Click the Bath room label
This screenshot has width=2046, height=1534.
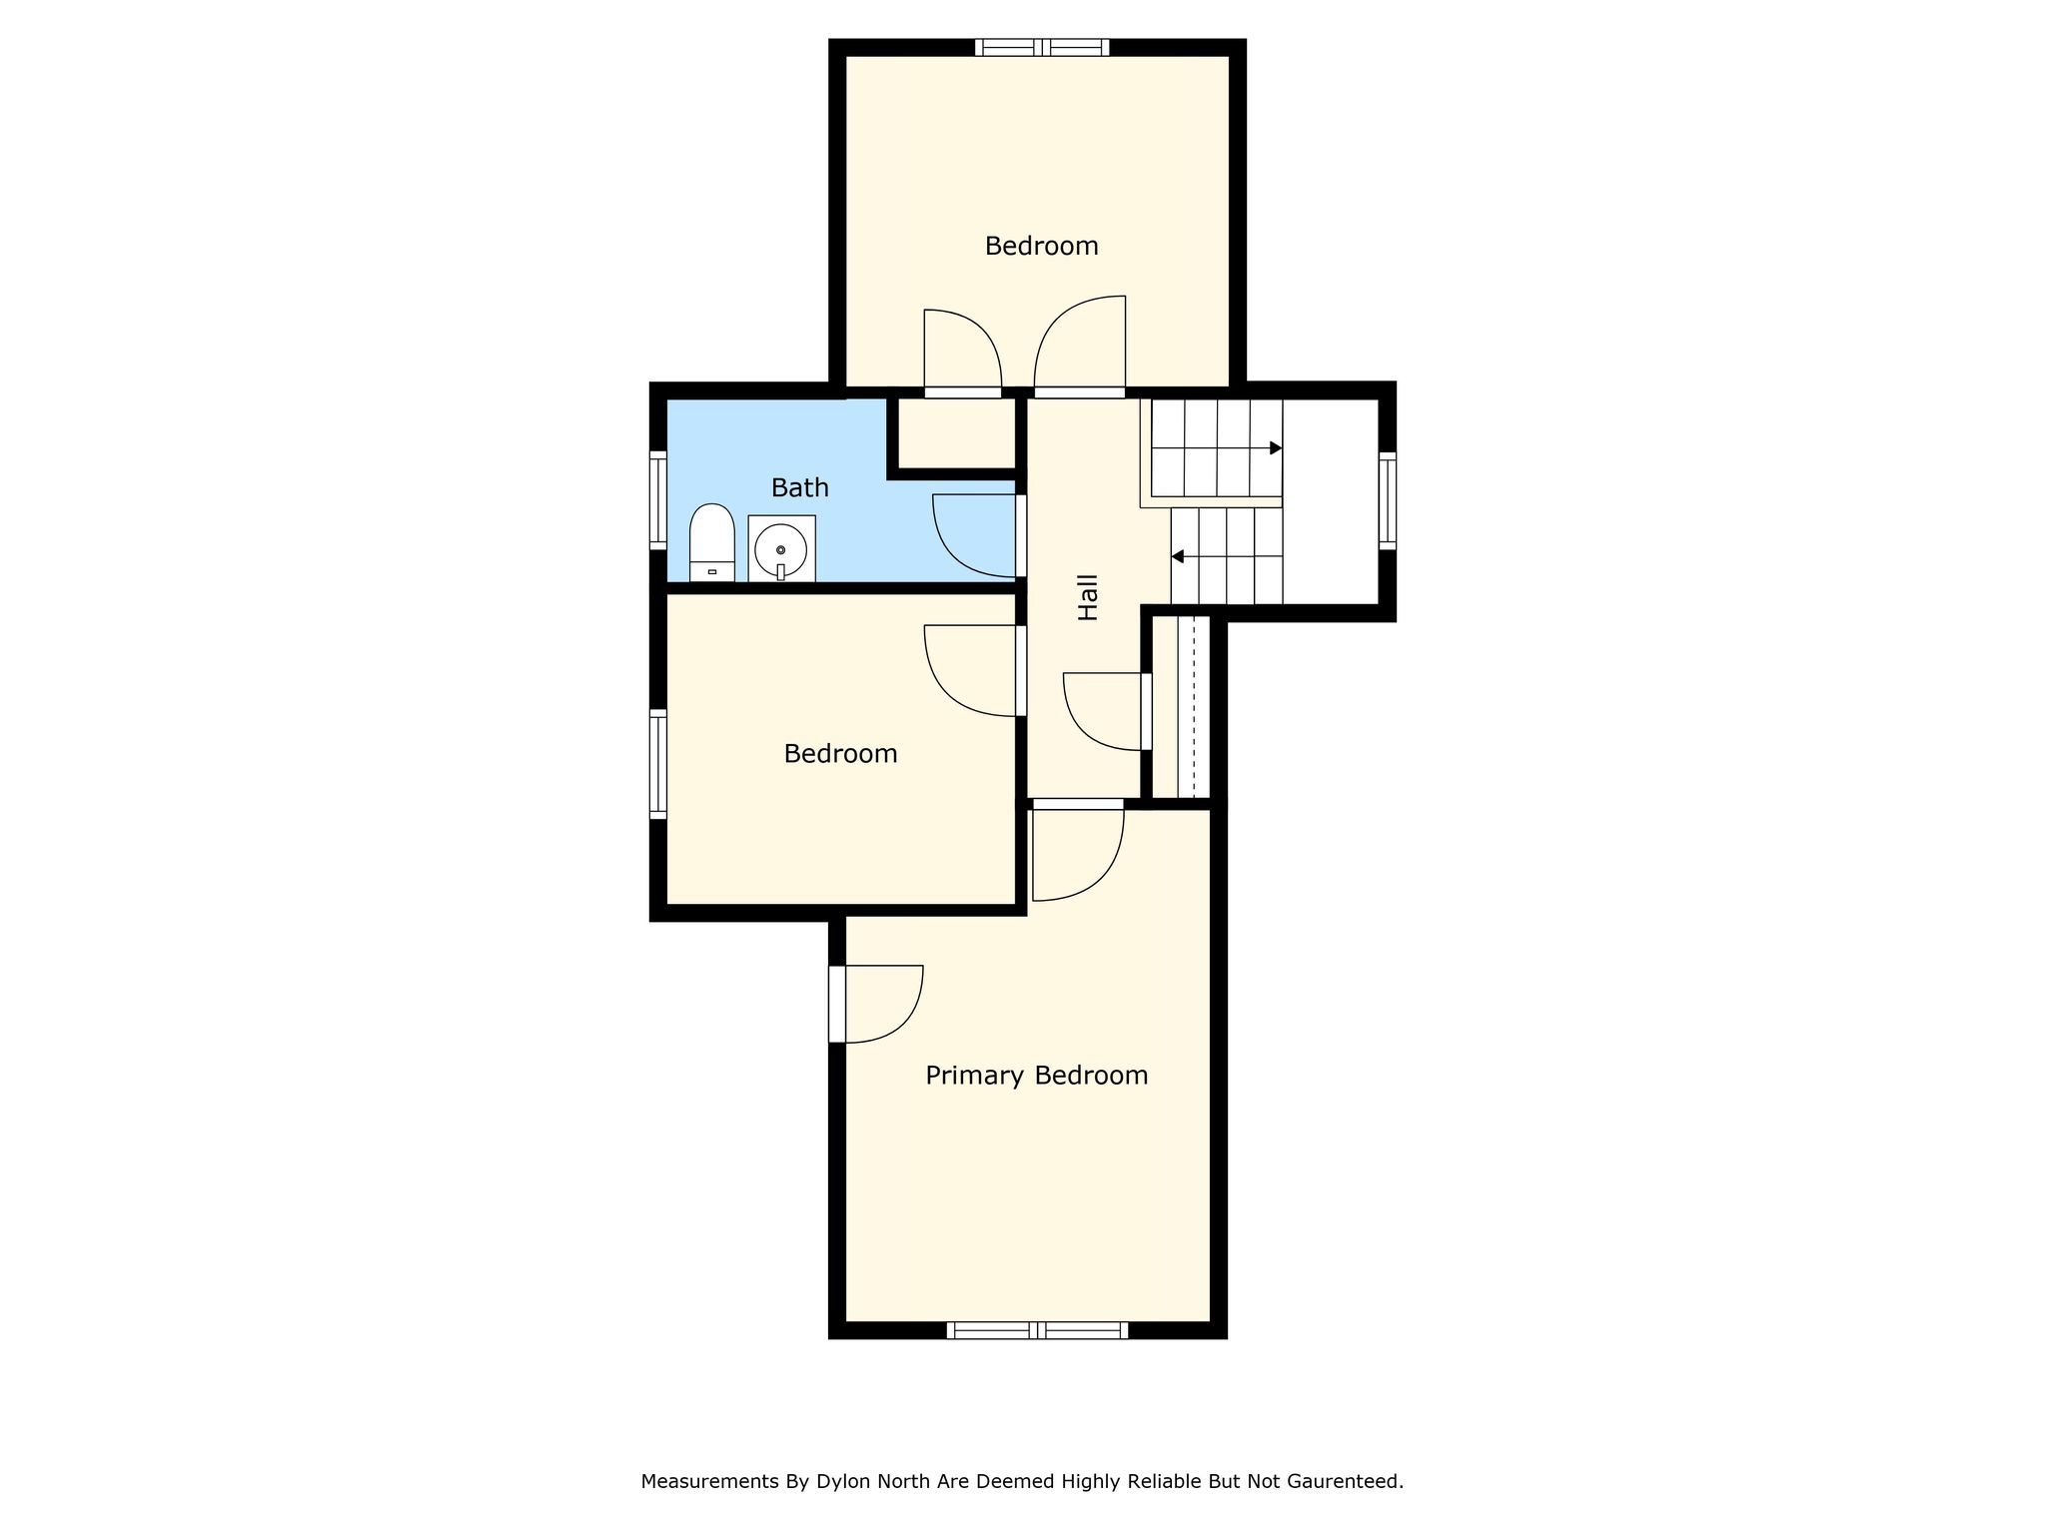coord(800,487)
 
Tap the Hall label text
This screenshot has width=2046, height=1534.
coord(1088,597)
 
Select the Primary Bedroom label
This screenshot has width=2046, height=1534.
coord(1037,1076)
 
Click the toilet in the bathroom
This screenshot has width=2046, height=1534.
coord(712,542)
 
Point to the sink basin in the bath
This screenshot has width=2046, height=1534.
coord(781,548)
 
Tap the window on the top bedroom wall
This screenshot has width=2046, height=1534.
coord(1042,47)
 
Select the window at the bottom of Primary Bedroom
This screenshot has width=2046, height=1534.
coord(1037,1330)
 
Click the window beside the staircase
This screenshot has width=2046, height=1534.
coord(1388,500)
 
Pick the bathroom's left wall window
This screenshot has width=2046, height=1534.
coord(658,499)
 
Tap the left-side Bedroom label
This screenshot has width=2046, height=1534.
coord(840,753)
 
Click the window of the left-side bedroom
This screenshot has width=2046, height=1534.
coord(658,764)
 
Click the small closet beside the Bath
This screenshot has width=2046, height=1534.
coord(955,432)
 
